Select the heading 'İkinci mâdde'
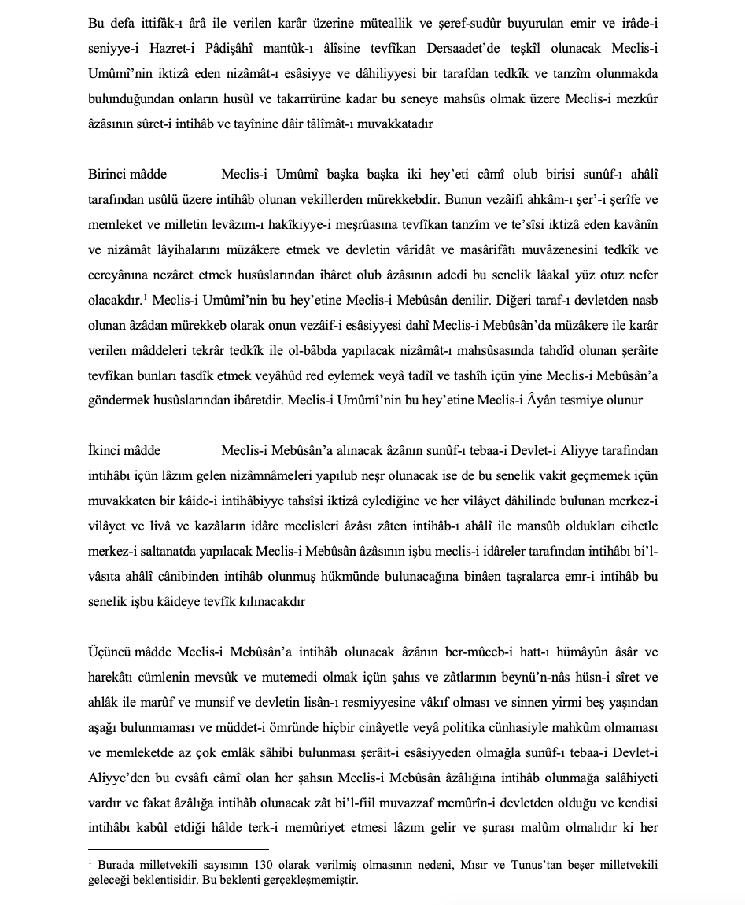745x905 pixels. pos(124,450)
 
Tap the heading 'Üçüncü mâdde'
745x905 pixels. pos(127,652)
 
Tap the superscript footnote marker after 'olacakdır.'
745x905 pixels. pos(147,295)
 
